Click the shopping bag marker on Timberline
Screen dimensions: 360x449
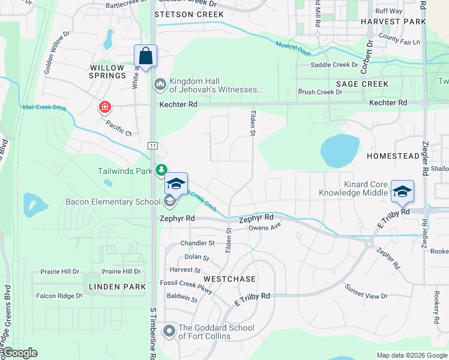coord(145,56)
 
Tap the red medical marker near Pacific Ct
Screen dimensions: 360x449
coord(105,107)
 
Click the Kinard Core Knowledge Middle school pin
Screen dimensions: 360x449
coord(402,191)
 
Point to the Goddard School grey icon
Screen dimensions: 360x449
coord(169,331)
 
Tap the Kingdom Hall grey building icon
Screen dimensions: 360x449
coord(160,84)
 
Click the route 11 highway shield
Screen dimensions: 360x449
coord(154,146)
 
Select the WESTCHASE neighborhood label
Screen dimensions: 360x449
coord(229,279)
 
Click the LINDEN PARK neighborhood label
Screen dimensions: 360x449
coord(117,287)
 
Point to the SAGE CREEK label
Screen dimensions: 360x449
coord(362,84)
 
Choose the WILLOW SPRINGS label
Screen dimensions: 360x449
coord(108,71)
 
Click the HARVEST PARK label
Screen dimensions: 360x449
coord(389,21)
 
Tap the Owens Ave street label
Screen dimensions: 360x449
coord(265,228)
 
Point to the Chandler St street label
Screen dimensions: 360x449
coord(197,244)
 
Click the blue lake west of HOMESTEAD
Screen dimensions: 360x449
coord(339,150)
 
